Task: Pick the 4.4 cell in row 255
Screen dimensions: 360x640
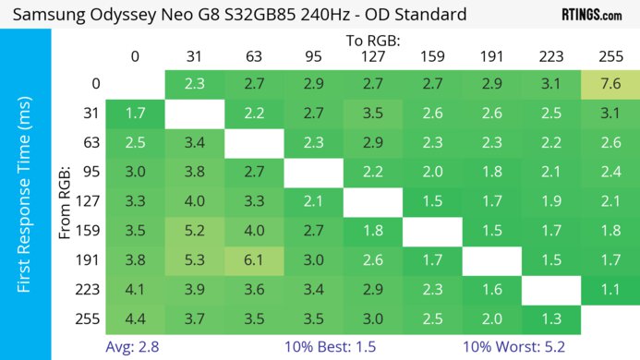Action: point(135,318)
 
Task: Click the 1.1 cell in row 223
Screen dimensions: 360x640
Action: point(609,291)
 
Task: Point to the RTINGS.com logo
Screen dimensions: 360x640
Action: point(591,15)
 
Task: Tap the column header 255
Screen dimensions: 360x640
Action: point(609,56)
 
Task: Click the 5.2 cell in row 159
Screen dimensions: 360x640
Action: point(195,232)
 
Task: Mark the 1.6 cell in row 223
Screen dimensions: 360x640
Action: point(490,291)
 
